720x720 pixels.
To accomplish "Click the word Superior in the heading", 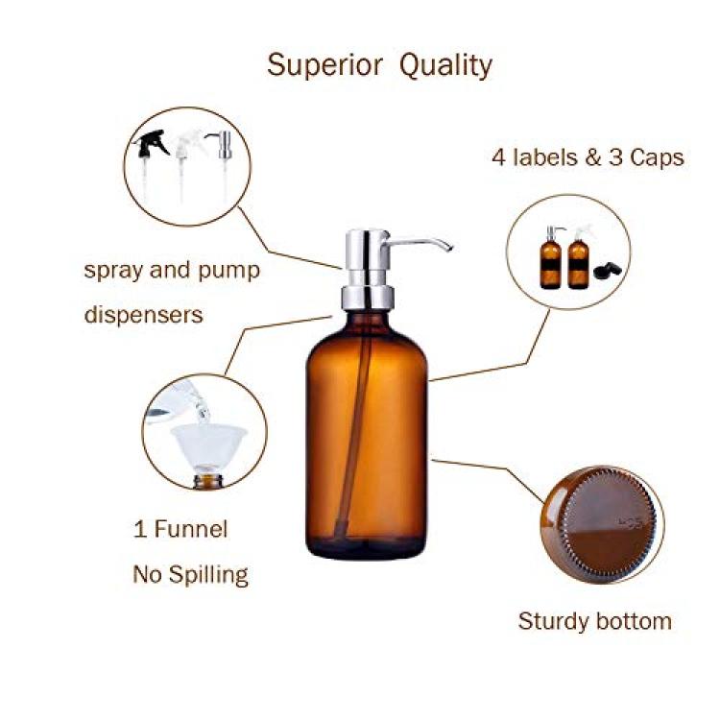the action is [x=324, y=65].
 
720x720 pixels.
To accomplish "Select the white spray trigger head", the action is [x=188, y=143].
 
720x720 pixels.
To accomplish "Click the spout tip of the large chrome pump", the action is [x=450, y=248].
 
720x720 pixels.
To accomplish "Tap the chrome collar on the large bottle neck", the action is [x=368, y=297].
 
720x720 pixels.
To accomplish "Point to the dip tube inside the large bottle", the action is [x=353, y=427].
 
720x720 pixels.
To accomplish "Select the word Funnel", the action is [x=191, y=529].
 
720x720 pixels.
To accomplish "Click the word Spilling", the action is [x=208, y=574].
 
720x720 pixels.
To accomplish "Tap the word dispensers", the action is [x=143, y=316].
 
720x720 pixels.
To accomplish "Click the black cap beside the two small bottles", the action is [x=607, y=270].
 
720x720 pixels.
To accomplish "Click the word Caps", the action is [x=657, y=158].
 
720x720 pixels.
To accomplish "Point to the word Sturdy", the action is [x=553, y=622].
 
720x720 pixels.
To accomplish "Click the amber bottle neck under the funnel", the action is [x=208, y=482].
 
